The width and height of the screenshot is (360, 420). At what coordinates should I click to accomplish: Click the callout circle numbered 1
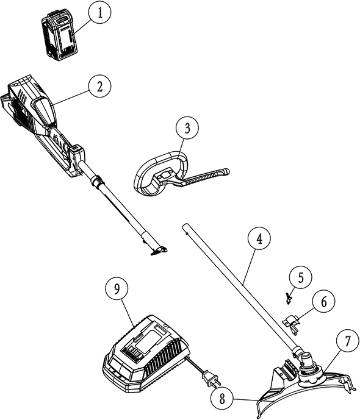100,13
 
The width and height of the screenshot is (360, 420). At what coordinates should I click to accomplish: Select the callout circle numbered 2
99,86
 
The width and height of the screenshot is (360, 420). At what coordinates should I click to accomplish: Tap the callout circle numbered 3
187,128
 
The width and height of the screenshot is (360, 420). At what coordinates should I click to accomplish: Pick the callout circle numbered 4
259,239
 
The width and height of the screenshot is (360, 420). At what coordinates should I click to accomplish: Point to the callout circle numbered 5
301,278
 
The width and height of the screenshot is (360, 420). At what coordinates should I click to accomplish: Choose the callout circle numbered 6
323,302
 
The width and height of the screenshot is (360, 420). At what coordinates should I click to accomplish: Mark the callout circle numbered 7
347,341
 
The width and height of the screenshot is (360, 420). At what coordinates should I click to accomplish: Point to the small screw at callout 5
288,299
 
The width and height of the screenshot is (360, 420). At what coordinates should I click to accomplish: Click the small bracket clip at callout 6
292,322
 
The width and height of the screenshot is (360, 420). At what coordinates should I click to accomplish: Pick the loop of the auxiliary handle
161,173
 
